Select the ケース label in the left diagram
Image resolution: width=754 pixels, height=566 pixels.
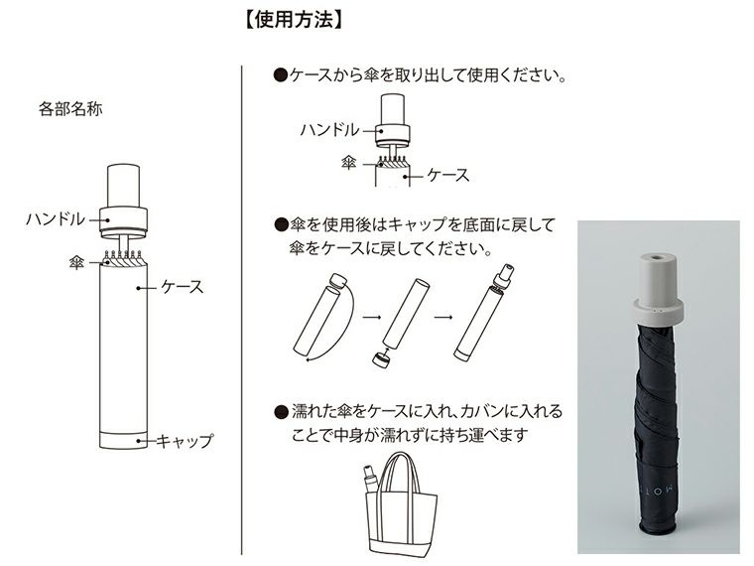coord(183,287)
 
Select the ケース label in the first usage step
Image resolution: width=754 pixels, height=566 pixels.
coord(447,175)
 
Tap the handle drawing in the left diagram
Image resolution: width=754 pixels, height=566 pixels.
coord(123,199)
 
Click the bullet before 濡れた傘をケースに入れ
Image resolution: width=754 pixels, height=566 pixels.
coord(279,411)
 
